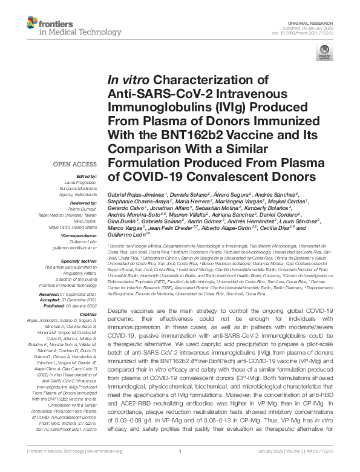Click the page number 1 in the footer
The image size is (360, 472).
click(180, 467)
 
